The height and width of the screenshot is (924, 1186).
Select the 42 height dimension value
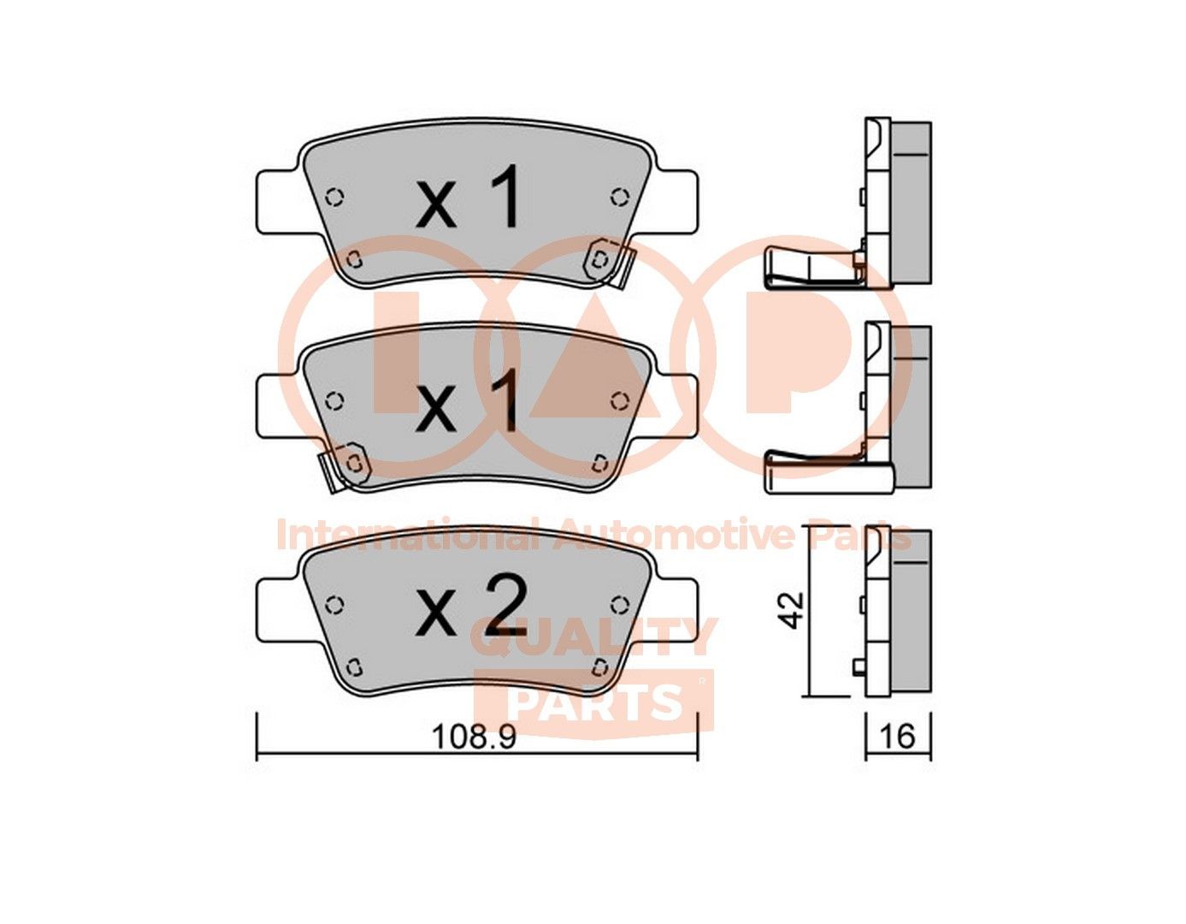coord(794,609)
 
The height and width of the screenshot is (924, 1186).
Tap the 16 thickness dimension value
coord(897,736)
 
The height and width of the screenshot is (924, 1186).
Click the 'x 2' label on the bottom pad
coord(469,608)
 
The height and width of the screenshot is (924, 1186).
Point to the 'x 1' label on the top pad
coord(469,199)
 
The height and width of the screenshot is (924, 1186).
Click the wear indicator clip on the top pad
coord(610,264)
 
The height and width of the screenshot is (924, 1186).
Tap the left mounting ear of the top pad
coord(278,200)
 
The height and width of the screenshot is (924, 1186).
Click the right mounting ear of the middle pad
coord(676,405)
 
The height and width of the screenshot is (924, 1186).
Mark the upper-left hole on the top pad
coord(334,197)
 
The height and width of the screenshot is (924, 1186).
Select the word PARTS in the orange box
coord(594,703)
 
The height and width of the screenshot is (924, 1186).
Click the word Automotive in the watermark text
coord(676,536)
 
